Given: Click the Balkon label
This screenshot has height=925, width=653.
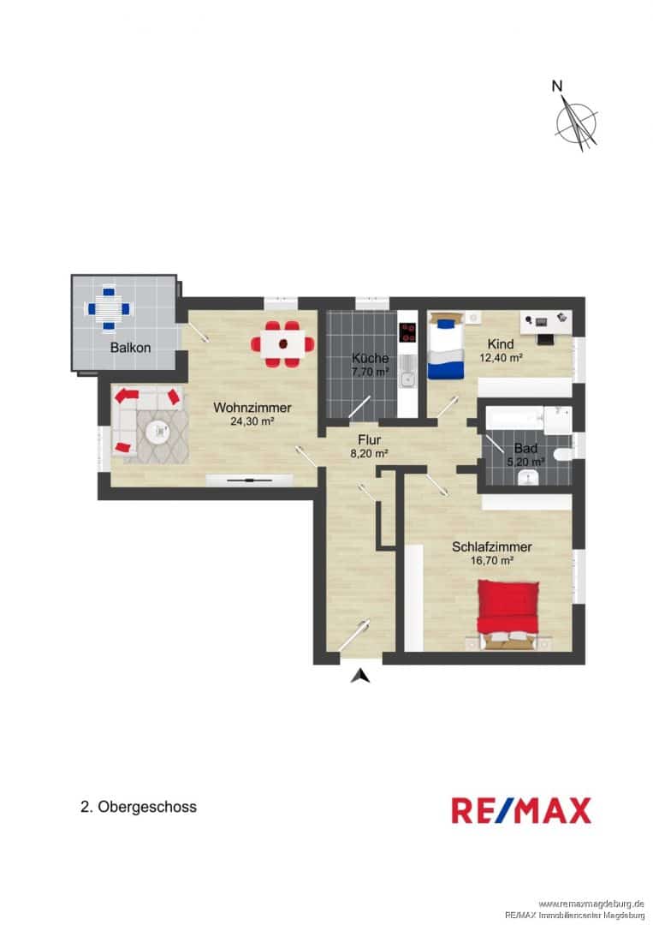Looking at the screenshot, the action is pos(130,348).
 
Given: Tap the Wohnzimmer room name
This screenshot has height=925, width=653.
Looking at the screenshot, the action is pos(252,408).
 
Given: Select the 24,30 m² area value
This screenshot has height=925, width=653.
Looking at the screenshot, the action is pos(252,421).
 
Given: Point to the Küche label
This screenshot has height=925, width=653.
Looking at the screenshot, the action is pos(370,358).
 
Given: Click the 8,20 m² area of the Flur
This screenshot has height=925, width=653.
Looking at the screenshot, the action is pos(370,454).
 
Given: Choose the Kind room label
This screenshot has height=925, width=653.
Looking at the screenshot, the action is pos(501,344).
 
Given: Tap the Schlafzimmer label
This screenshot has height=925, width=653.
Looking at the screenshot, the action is pos(492,546).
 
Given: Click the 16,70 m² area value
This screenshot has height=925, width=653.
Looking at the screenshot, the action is pos(492,560).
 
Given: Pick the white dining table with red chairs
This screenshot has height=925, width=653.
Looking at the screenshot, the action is pos(283,344).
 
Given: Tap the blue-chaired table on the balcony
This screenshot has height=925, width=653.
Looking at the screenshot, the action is pos(109,308).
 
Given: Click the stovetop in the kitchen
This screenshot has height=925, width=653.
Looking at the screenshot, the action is pos(407,332).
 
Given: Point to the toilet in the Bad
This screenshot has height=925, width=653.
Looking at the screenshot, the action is pos(563,454).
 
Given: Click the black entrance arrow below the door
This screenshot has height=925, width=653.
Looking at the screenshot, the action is pos(360,676).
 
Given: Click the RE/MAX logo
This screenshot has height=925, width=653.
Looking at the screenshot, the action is pos(521,810).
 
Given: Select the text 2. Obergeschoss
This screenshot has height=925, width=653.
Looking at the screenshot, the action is pos(139,807).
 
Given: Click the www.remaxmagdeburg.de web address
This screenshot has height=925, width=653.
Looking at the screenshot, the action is pos(591,904).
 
